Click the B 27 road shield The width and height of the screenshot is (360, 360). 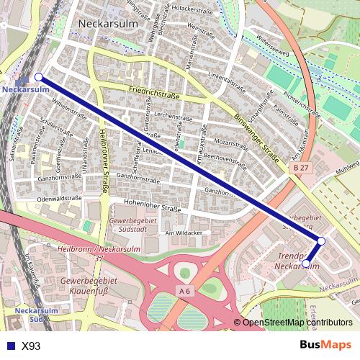301,167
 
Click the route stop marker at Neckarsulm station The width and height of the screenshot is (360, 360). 39,76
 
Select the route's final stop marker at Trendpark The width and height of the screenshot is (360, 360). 306,264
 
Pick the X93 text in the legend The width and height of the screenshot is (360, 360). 31,346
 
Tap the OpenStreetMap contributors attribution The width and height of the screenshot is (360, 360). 297,323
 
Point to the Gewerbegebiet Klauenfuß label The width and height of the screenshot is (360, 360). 89,285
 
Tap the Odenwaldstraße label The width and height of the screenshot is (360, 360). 59,197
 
